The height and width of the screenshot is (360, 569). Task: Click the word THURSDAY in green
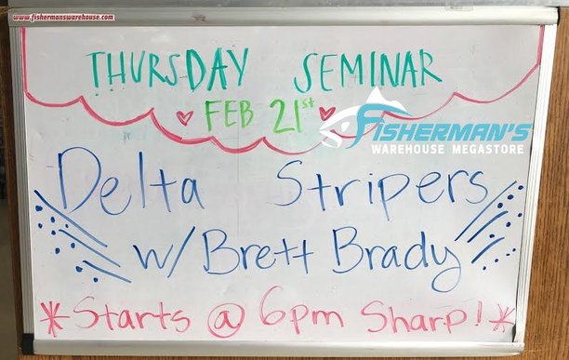(x=167, y=70)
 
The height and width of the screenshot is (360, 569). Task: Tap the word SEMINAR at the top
(x=367, y=70)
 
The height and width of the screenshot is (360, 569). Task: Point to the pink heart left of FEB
(x=185, y=118)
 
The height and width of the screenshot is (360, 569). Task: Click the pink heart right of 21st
(x=326, y=113)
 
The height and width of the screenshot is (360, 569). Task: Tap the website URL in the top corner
(x=63, y=17)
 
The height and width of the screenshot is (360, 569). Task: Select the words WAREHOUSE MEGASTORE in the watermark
(x=450, y=149)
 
